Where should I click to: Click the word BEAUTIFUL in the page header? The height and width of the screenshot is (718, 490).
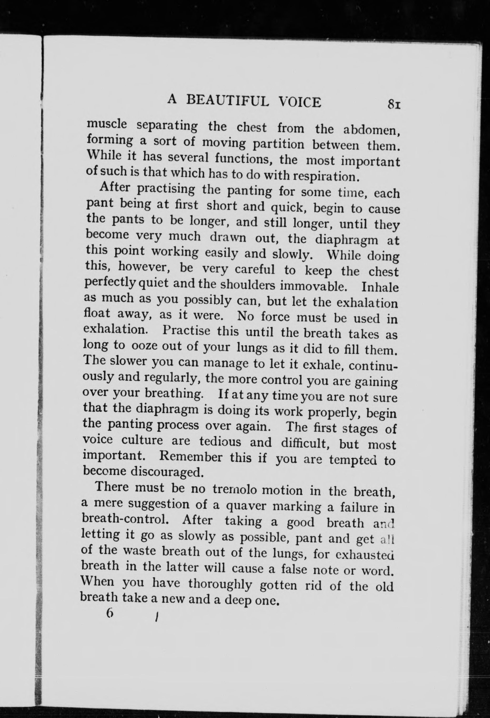[229, 101]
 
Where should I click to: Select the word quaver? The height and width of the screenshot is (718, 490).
[246, 506]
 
